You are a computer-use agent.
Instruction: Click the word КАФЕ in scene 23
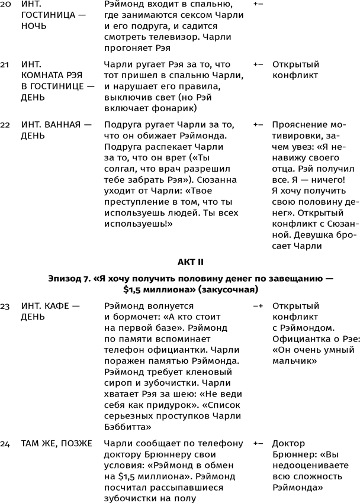60,306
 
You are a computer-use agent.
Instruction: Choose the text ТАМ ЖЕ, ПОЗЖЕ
56,443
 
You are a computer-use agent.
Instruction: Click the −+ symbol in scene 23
258,306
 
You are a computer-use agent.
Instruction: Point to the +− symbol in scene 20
258,4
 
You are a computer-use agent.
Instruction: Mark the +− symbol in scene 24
258,443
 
